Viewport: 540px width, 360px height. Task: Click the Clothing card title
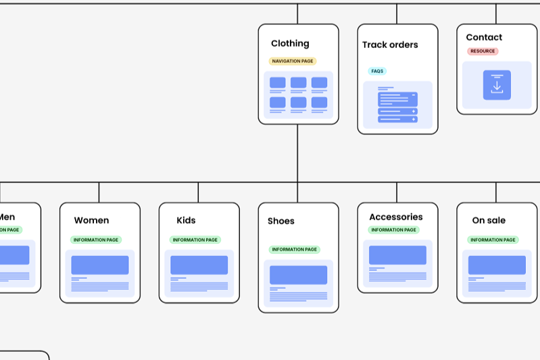(290, 43)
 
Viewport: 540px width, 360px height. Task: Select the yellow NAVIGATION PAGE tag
(292, 61)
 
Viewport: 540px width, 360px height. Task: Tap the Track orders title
(390, 45)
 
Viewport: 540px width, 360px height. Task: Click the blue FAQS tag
(377, 71)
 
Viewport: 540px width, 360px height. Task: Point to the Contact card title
(484, 37)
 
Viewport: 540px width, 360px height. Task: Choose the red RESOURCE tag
(483, 51)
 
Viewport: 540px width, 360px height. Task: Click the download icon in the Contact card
(497, 85)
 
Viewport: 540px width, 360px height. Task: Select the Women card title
(91, 220)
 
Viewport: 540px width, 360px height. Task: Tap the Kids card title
(186, 220)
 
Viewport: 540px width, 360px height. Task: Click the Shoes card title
(281, 221)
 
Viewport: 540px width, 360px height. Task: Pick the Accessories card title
(396, 217)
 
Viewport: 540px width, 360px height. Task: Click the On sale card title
(489, 220)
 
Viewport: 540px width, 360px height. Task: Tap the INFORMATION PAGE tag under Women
(96, 240)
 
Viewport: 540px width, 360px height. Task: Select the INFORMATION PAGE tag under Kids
(195, 240)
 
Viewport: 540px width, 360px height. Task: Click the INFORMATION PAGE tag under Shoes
(295, 249)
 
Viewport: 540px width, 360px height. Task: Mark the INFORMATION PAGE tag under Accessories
(393, 230)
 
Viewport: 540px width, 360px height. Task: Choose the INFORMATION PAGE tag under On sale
(493, 240)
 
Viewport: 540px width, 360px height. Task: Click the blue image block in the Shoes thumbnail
(298, 275)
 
